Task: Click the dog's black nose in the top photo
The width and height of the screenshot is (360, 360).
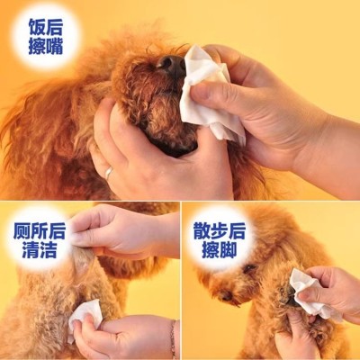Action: click(169, 62)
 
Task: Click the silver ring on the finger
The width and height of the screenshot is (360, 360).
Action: click(109, 170)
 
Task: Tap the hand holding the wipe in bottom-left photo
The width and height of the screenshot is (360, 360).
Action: click(126, 337)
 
